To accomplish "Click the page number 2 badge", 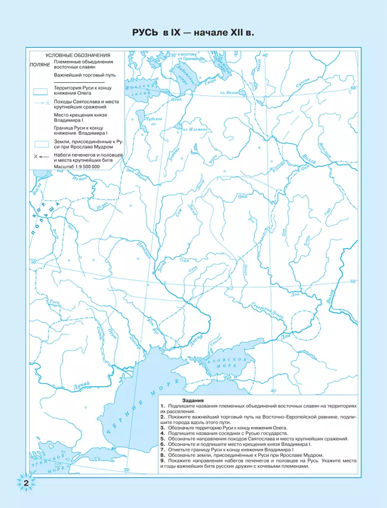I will pos(25,482).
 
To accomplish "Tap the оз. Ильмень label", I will pos(195,128).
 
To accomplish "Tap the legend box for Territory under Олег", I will pos(40,91).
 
